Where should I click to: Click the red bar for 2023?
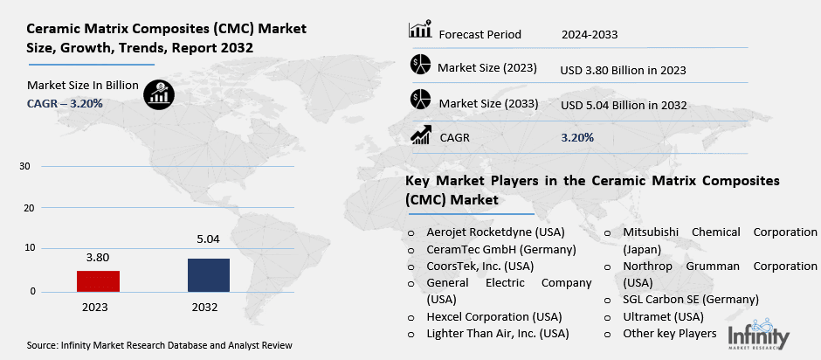pos(98,280)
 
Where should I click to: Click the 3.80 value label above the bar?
pos(98,258)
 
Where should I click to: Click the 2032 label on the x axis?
pos(208,308)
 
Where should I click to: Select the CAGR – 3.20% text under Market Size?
pos(65,103)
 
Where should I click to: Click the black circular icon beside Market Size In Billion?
pos(158,93)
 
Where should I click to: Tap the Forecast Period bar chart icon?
pos(420,31)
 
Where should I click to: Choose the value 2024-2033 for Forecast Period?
pos(590,34)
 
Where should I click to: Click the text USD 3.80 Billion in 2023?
pos(622,69)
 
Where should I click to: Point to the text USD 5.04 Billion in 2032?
pos(623,105)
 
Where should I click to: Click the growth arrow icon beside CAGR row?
pos(420,135)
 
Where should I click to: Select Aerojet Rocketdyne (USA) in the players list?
pos(495,232)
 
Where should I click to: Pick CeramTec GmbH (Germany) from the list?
pos(493,249)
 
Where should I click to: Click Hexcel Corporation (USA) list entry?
pos(493,316)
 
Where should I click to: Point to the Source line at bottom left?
pos(159,345)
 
